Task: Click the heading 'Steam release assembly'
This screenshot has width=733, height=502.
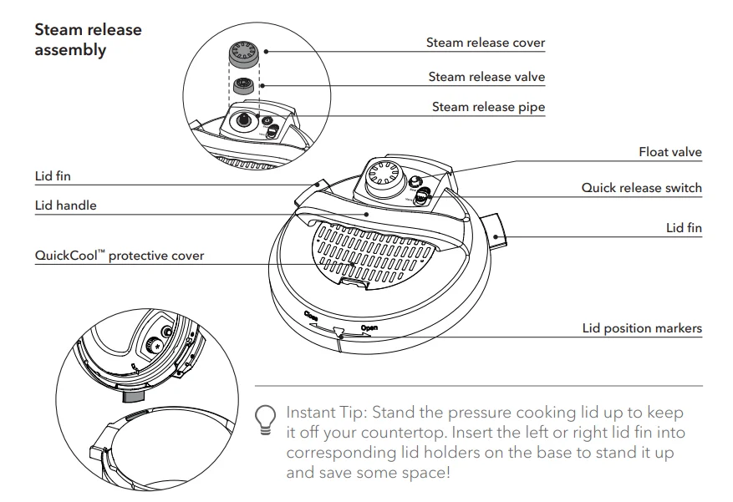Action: pyautogui.click(x=88, y=40)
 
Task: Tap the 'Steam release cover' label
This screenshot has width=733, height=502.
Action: pyautogui.click(x=485, y=43)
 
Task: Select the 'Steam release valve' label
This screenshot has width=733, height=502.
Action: pyautogui.click(x=486, y=77)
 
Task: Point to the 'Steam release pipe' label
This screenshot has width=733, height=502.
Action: pyautogui.click(x=488, y=107)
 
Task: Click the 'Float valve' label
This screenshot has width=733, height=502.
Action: pyautogui.click(x=669, y=152)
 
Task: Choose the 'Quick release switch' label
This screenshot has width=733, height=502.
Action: pyautogui.click(x=641, y=188)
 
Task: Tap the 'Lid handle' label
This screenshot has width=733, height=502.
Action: pyautogui.click(x=65, y=205)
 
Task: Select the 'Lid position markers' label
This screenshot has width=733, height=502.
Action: pyautogui.click(x=642, y=328)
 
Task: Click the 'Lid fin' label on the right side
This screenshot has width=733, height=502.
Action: pyautogui.click(x=684, y=228)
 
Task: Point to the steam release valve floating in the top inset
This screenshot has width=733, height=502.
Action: pyautogui.click(x=244, y=85)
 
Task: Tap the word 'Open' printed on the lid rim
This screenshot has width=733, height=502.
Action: pyautogui.click(x=369, y=328)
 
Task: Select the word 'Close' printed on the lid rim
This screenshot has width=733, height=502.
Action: pyautogui.click(x=312, y=316)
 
